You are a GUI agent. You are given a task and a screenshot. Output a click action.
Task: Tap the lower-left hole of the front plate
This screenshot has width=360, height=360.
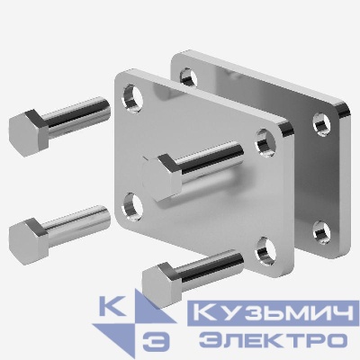click(x=131, y=199)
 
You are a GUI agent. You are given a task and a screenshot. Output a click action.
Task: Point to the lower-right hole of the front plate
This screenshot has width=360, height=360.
click(x=262, y=249)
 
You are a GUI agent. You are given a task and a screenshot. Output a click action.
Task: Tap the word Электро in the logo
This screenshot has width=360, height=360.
click(x=274, y=339)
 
